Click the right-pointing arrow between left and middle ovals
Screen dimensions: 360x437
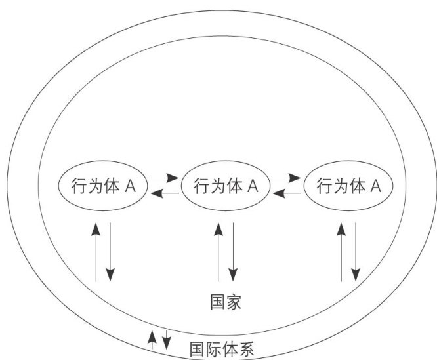pyautogui.click(x=163, y=178)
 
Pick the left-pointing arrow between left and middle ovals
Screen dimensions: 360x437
pyautogui.click(x=163, y=193)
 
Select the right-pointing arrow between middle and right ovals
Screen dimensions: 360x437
pyautogui.click(x=287, y=178)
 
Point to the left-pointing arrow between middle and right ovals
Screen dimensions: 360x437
pyautogui.click(x=287, y=193)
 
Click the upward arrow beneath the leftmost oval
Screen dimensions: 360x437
pyautogui.click(x=96, y=252)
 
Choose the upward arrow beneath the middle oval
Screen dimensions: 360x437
pyautogui.click(x=218, y=252)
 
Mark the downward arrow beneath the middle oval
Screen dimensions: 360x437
pyautogui.click(x=232, y=252)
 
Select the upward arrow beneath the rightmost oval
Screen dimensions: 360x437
pyautogui.click(x=341, y=252)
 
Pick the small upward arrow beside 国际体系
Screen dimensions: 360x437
pyautogui.click(x=152, y=339)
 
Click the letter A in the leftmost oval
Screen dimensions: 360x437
pyautogui.click(x=130, y=186)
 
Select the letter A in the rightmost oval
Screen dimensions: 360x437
pyautogui.click(x=376, y=186)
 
